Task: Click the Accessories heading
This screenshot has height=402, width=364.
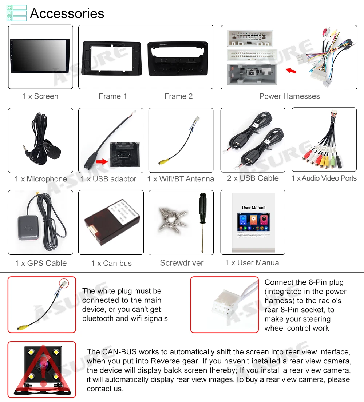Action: pos(67,13)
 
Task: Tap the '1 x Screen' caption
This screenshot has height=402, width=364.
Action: pos(40,96)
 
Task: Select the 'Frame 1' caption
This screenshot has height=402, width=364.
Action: pos(113,96)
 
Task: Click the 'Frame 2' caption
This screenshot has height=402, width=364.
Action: pos(178,96)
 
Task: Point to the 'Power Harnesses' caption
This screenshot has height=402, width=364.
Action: pos(289,96)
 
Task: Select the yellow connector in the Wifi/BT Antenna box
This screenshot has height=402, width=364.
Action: pos(163,162)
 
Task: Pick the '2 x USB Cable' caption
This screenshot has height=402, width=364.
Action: pos(253,178)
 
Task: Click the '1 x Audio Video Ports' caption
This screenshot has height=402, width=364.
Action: pos(324,178)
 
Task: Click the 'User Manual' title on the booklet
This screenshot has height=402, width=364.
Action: pos(253,208)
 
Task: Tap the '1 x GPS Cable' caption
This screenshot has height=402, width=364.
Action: pos(41,263)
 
